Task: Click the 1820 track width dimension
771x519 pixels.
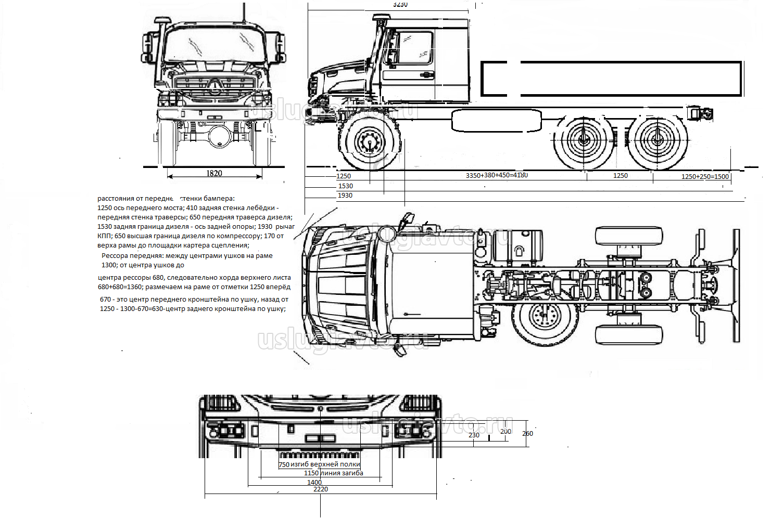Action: pyautogui.click(x=214, y=173)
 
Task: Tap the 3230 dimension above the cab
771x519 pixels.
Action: pyautogui.click(x=400, y=4)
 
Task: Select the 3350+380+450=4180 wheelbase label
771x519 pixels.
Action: pyautogui.click(x=497, y=175)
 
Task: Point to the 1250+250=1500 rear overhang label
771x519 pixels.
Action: pyautogui.click(x=705, y=176)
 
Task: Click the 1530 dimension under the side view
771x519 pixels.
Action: pyautogui.click(x=346, y=186)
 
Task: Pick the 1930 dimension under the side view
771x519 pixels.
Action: pyautogui.click(x=345, y=195)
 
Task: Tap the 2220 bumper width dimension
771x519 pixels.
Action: pyautogui.click(x=321, y=489)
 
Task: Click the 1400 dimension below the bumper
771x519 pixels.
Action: pyautogui.click(x=314, y=482)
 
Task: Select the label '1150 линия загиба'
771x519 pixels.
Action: pyautogui.click(x=334, y=473)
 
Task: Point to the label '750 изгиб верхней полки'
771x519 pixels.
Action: pyautogui.click(x=319, y=464)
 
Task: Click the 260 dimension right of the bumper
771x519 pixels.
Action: pyautogui.click(x=527, y=433)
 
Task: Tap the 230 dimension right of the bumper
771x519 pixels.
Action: pyautogui.click(x=474, y=435)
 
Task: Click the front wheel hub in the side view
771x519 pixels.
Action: pyautogui.click(x=369, y=141)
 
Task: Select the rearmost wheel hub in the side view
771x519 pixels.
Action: pyautogui.click(x=657, y=139)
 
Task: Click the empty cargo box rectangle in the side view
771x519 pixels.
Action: pyautogui.click(x=611, y=79)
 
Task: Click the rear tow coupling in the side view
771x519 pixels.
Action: pyautogui.click(x=701, y=114)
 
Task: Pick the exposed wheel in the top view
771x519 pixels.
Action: pyautogui.click(x=545, y=317)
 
